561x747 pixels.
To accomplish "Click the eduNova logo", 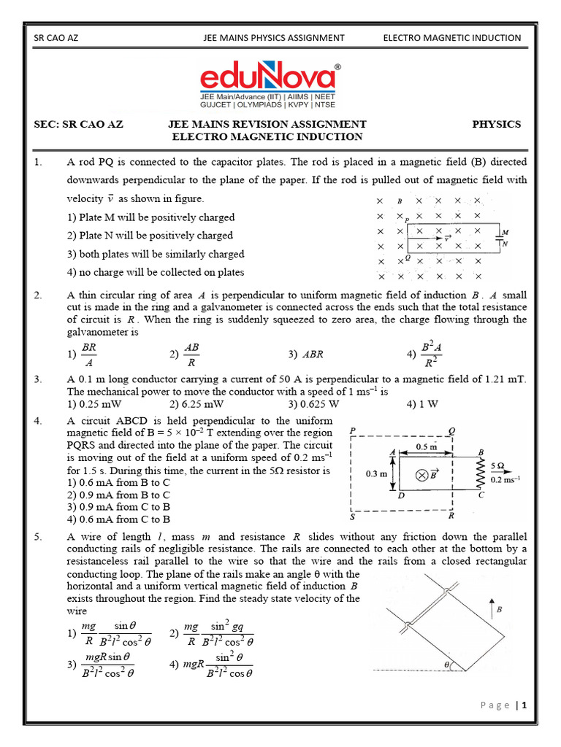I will [x=271, y=77].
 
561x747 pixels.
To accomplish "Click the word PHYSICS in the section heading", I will [x=496, y=124].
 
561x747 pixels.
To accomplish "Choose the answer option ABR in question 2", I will [x=310, y=354].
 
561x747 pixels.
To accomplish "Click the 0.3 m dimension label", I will [x=375, y=473].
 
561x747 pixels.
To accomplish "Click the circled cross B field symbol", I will [x=421, y=475].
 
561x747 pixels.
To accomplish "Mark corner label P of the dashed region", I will [x=353, y=431].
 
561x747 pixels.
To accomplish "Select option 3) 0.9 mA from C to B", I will [x=118, y=506].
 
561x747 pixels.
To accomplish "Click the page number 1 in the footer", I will [x=524, y=705].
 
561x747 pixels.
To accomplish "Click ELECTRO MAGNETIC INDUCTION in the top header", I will [x=452, y=38].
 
